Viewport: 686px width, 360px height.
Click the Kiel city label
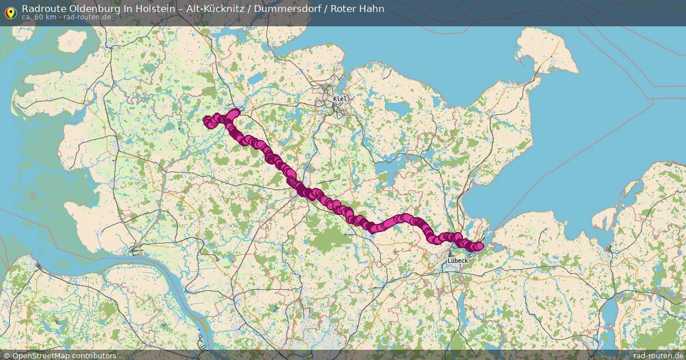pyautogui.click(x=340, y=99)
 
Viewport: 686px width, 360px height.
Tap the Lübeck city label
pyautogui.click(x=458, y=261)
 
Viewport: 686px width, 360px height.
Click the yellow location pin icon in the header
pyautogui.click(x=10, y=13)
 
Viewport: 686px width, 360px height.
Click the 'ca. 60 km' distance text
pyautogui.click(x=39, y=17)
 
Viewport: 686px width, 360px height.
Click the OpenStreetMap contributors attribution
pyautogui.click(x=64, y=355)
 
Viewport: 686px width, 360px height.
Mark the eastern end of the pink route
pyautogui.click(x=480, y=246)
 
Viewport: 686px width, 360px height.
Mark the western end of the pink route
pyautogui.click(x=207, y=120)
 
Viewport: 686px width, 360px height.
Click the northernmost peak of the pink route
pyautogui.click(x=234, y=112)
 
